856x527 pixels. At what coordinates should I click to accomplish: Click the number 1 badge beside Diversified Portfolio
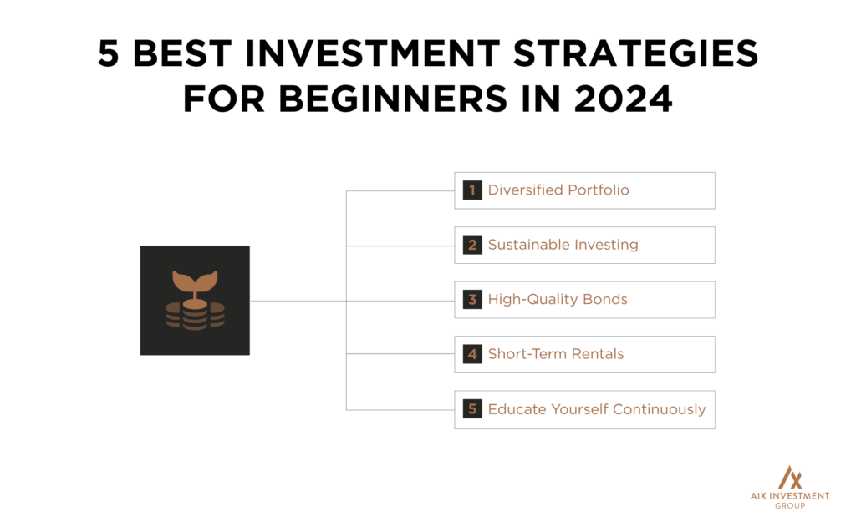pyautogui.click(x=472, y=190)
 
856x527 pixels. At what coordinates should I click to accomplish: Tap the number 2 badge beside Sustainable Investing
pyautogui.click(x=472, y=245)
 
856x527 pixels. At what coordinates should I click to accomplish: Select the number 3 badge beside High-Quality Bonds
pyautogui.click(x=472, y=300)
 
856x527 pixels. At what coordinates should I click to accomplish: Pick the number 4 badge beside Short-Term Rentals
pyautogui.click(x=472, y=354)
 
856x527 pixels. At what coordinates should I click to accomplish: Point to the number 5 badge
pyautogui.click(x=472, y=409)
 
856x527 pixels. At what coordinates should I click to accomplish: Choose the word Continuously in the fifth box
pyautogui.click(x=660, y=409)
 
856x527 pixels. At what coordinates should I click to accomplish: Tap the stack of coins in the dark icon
pyautogui.click(x=195, y=316)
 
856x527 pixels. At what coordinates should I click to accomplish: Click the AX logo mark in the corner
pyautogui.click(x=789, y=478)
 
